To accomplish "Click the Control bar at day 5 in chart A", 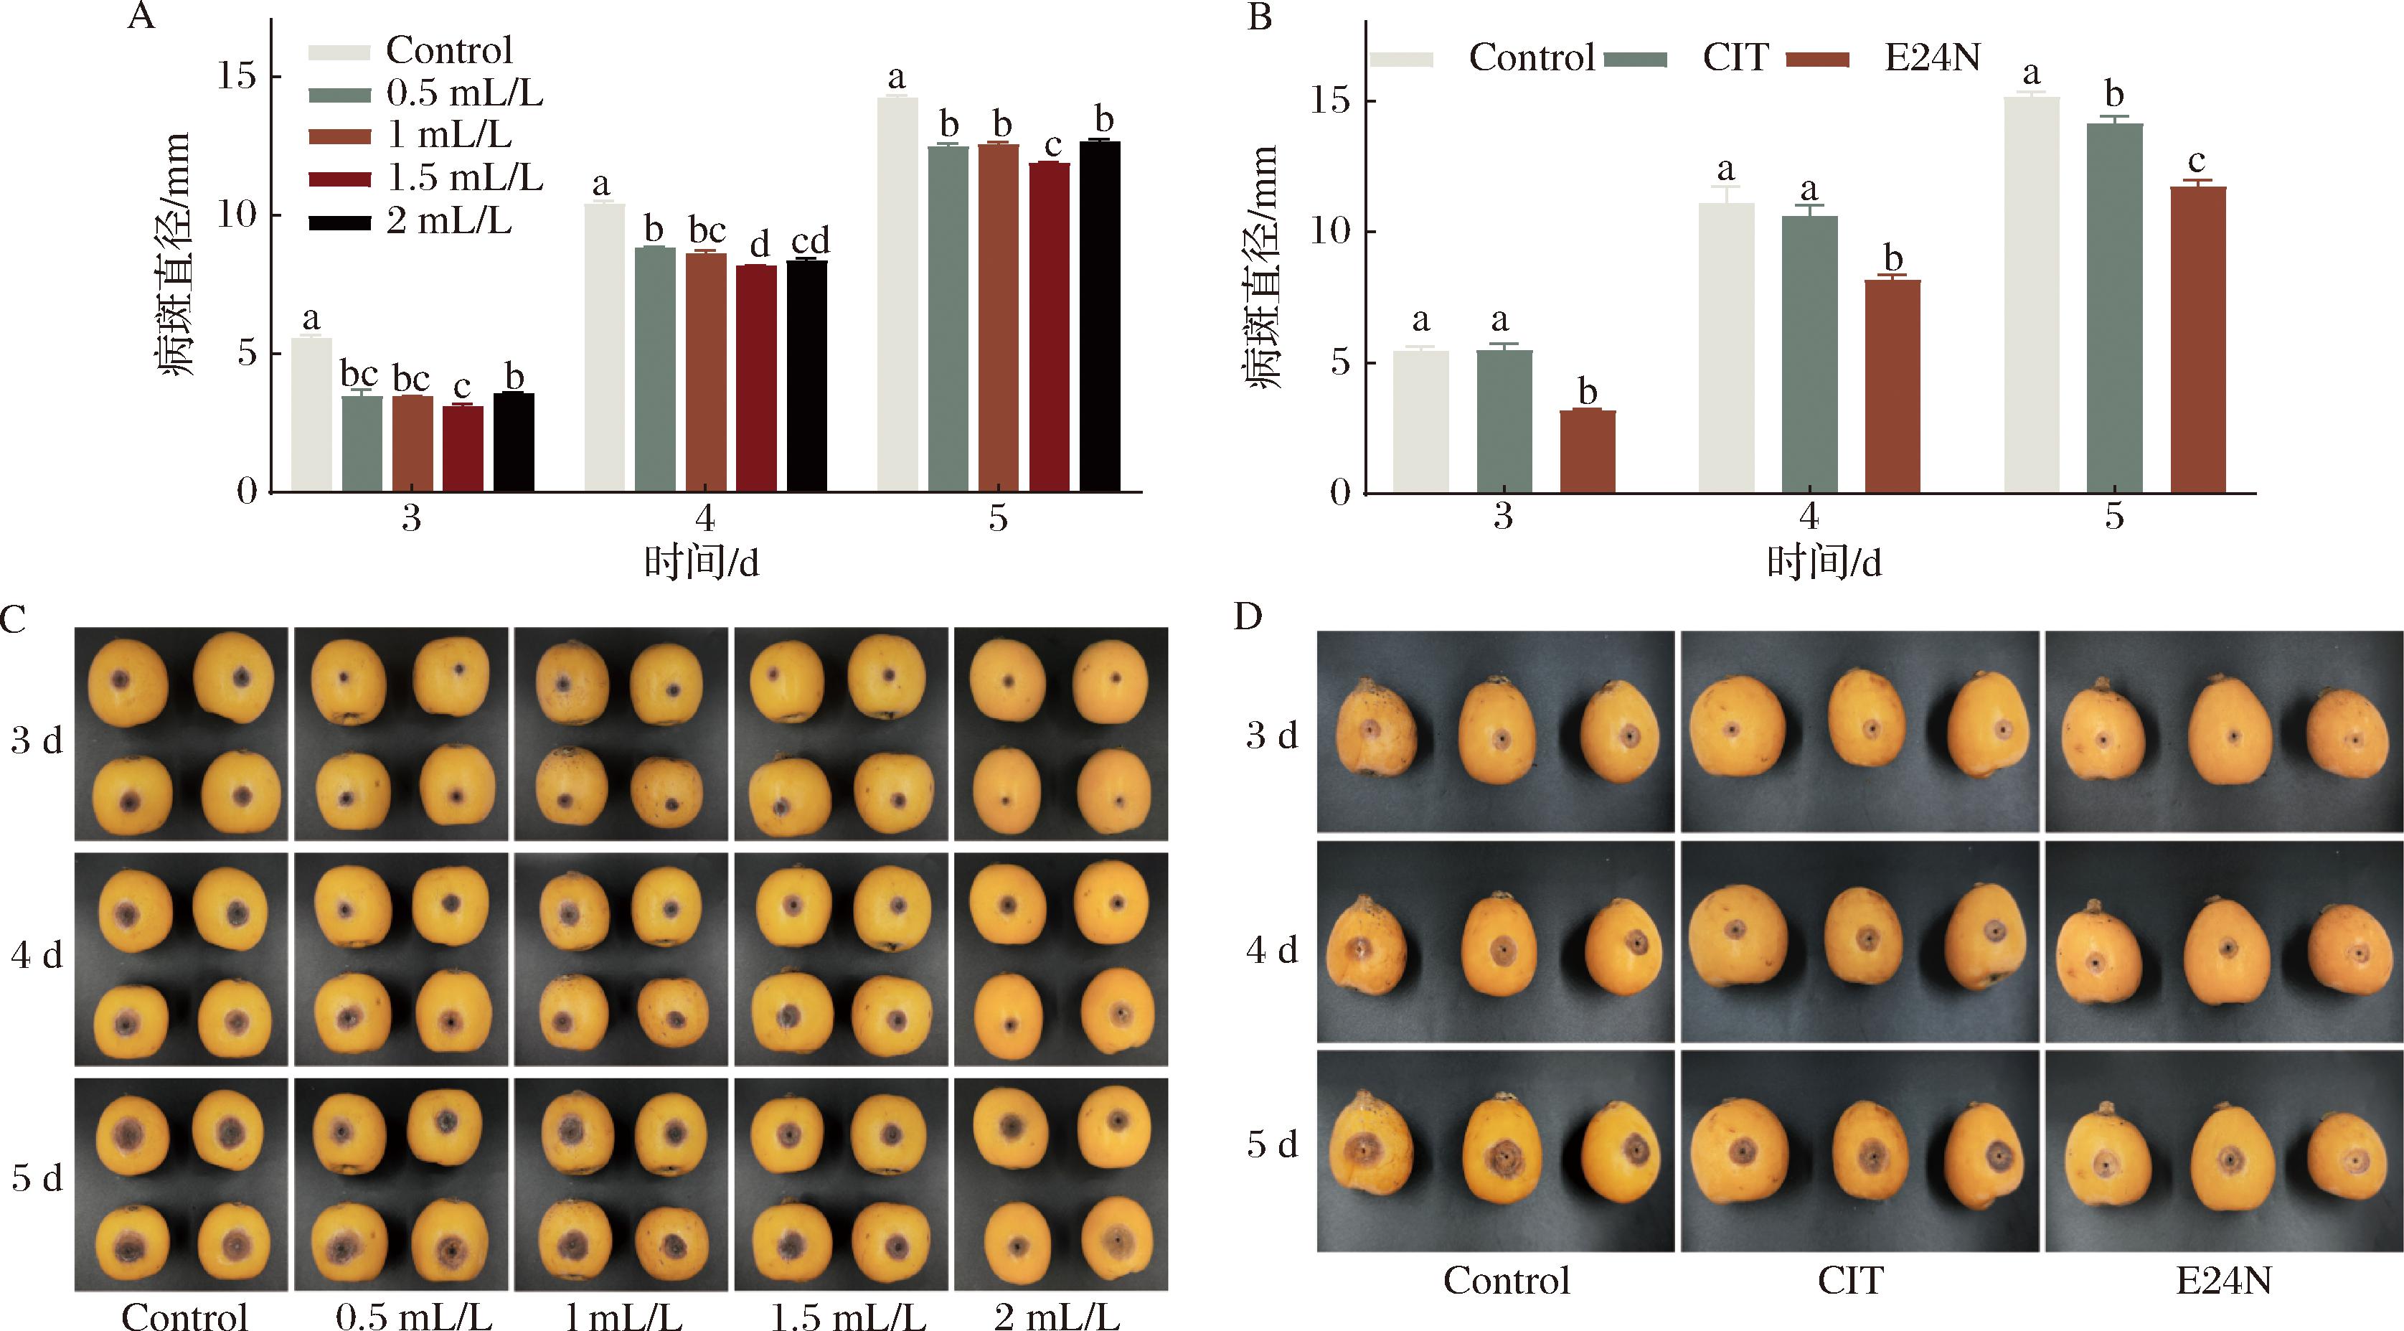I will click(897, 294).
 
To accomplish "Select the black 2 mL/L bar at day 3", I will click(513, 443).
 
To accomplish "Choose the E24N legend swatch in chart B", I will click(1817, 60).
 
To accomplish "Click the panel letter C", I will click(13, 619).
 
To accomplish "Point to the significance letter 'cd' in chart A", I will click(810, 241).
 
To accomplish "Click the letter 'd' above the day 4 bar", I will click(760, 245).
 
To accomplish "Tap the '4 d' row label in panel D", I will click(1271, 950).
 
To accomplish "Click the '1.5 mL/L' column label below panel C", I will click(848, 1316).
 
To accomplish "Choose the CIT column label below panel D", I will click(1851, 1279).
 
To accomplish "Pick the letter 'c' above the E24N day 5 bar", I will click(2197, 162).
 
